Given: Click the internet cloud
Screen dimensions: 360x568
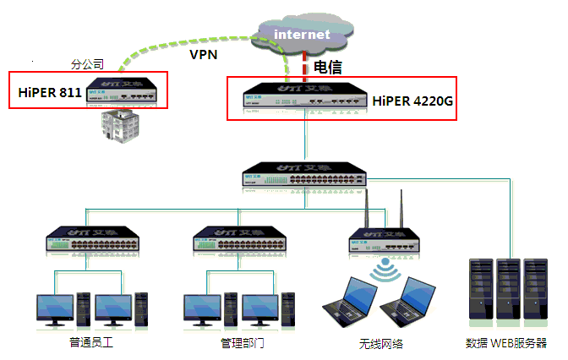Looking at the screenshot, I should [x=303, y=35].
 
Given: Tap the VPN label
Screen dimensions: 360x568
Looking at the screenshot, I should [x=204, y=55].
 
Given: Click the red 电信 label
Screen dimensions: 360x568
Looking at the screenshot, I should [x=329, y=66].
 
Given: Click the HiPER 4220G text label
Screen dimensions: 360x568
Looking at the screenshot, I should [x=413, y=101].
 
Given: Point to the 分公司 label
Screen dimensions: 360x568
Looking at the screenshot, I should [x=87, y=64].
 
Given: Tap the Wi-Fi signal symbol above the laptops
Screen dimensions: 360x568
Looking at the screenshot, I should [x=389, y=269].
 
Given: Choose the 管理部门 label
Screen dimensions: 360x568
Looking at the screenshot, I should [x=243, y=344].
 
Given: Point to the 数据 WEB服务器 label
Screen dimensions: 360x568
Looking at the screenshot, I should [x=506, y=344].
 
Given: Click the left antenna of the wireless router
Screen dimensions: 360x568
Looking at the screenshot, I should [x=368, y=210].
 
